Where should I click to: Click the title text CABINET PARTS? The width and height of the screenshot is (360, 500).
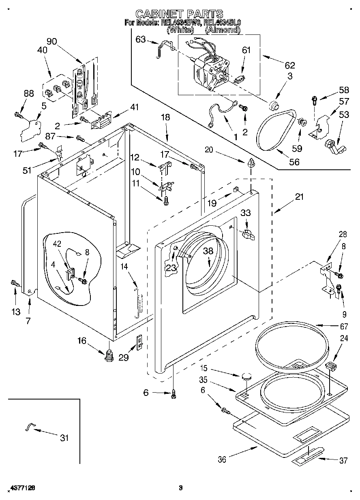pyautogui.click(x=179, y=15)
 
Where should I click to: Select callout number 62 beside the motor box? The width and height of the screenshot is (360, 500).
pyautogui.click(x=289, y=65)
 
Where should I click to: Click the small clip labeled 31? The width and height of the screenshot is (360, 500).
pyautogui.click(x=30, y=426)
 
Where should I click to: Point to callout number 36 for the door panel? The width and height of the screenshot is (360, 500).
pyautogui.click(x=222, y=459)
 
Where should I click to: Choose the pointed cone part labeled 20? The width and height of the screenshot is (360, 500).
pyautogui.click(x=251, y=164)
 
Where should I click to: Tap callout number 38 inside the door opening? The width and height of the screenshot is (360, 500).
pyautogui.click(x=208, y=251)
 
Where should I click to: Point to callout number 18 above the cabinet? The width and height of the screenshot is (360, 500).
pyautogui.click(x=165, y=118)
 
